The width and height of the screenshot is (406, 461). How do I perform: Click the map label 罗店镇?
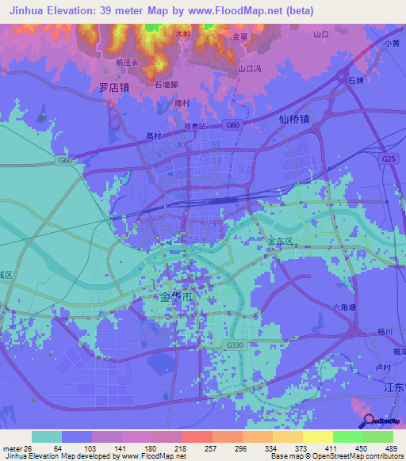point(113,89)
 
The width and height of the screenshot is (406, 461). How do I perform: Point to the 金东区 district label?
point(280,241)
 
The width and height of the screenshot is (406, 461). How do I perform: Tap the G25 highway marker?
point(389,159)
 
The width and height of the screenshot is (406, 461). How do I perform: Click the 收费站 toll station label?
point(195,126)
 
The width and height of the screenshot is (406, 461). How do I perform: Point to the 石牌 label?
point(355,81)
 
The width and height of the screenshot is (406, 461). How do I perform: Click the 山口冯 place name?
point(251,69)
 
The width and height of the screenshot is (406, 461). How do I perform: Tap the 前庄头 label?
point(126,62)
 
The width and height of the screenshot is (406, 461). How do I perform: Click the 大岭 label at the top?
point(183,34)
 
